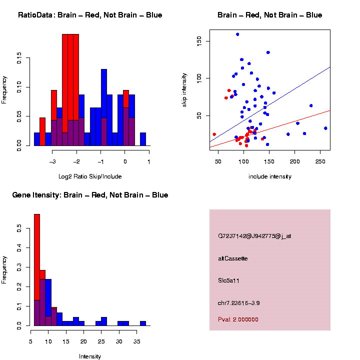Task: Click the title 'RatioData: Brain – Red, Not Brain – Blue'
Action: [x=90, y=15]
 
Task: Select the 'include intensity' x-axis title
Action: [x=269, y=176]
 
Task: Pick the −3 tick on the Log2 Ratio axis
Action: [x=53, y=161]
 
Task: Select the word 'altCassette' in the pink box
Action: [x=232, y=258]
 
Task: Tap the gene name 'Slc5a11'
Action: [x=229, y=281]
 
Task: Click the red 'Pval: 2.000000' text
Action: [x=238, y=319]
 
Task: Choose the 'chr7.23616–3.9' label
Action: [x=238, y=303]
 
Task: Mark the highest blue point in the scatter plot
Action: [x=237, y=34]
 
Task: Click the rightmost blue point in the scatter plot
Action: [x=325, y=128]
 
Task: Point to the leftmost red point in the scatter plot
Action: [x=214, y=134]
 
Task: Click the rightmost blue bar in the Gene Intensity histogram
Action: [x=143, y=323]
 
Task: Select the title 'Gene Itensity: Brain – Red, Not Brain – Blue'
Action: [x=90, y=195]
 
